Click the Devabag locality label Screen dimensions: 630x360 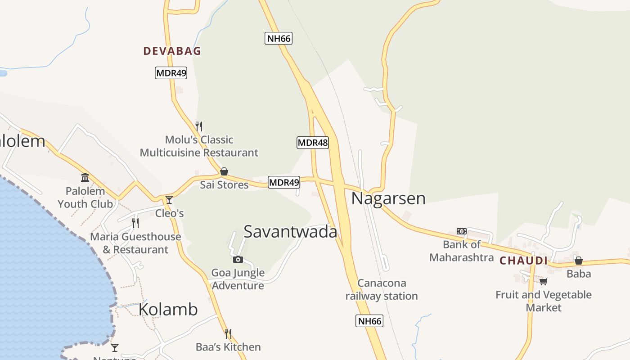point(172,51)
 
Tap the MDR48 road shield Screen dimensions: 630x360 point(313,143)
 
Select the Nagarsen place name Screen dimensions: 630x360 point(388,198)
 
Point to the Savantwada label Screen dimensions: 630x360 point(290,231)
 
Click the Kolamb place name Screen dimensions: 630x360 point(168,310)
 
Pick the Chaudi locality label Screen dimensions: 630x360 point(523,261)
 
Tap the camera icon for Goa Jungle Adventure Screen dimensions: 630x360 point(238,259)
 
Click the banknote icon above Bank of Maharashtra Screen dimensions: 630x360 point(461,231)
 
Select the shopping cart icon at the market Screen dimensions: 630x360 point(544,282)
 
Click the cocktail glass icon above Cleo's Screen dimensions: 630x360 point(169,199)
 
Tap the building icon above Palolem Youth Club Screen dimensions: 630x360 point(85,177)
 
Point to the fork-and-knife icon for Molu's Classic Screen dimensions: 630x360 point(199,126)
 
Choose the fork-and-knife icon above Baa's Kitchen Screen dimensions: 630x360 point(228,334)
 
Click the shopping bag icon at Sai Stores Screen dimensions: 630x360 point(224,171)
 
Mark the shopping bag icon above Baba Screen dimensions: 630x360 point(579,261)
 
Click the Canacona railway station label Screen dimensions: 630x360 point(382,289)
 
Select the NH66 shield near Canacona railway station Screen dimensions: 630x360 point(369,321)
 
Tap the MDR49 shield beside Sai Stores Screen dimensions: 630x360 point(284,182)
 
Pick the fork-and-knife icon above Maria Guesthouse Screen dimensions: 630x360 point(135,223)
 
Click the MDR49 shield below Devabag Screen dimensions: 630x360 point(171,73)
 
